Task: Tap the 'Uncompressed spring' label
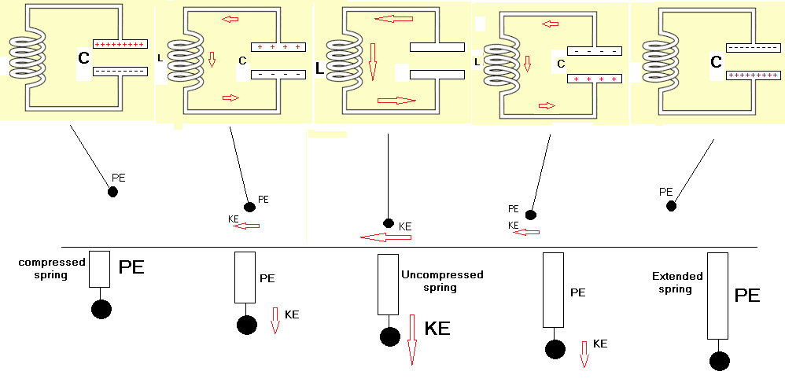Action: tap(441, 281)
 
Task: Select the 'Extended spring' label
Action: tap(676, 282)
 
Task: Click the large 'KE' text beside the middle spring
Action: tap(437, 329)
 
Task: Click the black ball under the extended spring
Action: tap(719, 361)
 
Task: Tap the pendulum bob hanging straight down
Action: tap(389, 223)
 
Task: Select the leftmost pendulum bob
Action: tap(112, 191)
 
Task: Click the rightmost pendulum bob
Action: tap(671, 206)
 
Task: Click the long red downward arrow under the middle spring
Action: tap(411, 340)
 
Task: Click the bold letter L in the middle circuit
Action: tap(319, 69)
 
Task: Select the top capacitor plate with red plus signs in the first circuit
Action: tap(120, 45)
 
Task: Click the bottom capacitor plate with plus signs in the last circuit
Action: tap(753, 75)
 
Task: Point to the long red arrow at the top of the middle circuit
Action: tap(394, 18)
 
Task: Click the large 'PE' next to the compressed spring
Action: tap(131, 267)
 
